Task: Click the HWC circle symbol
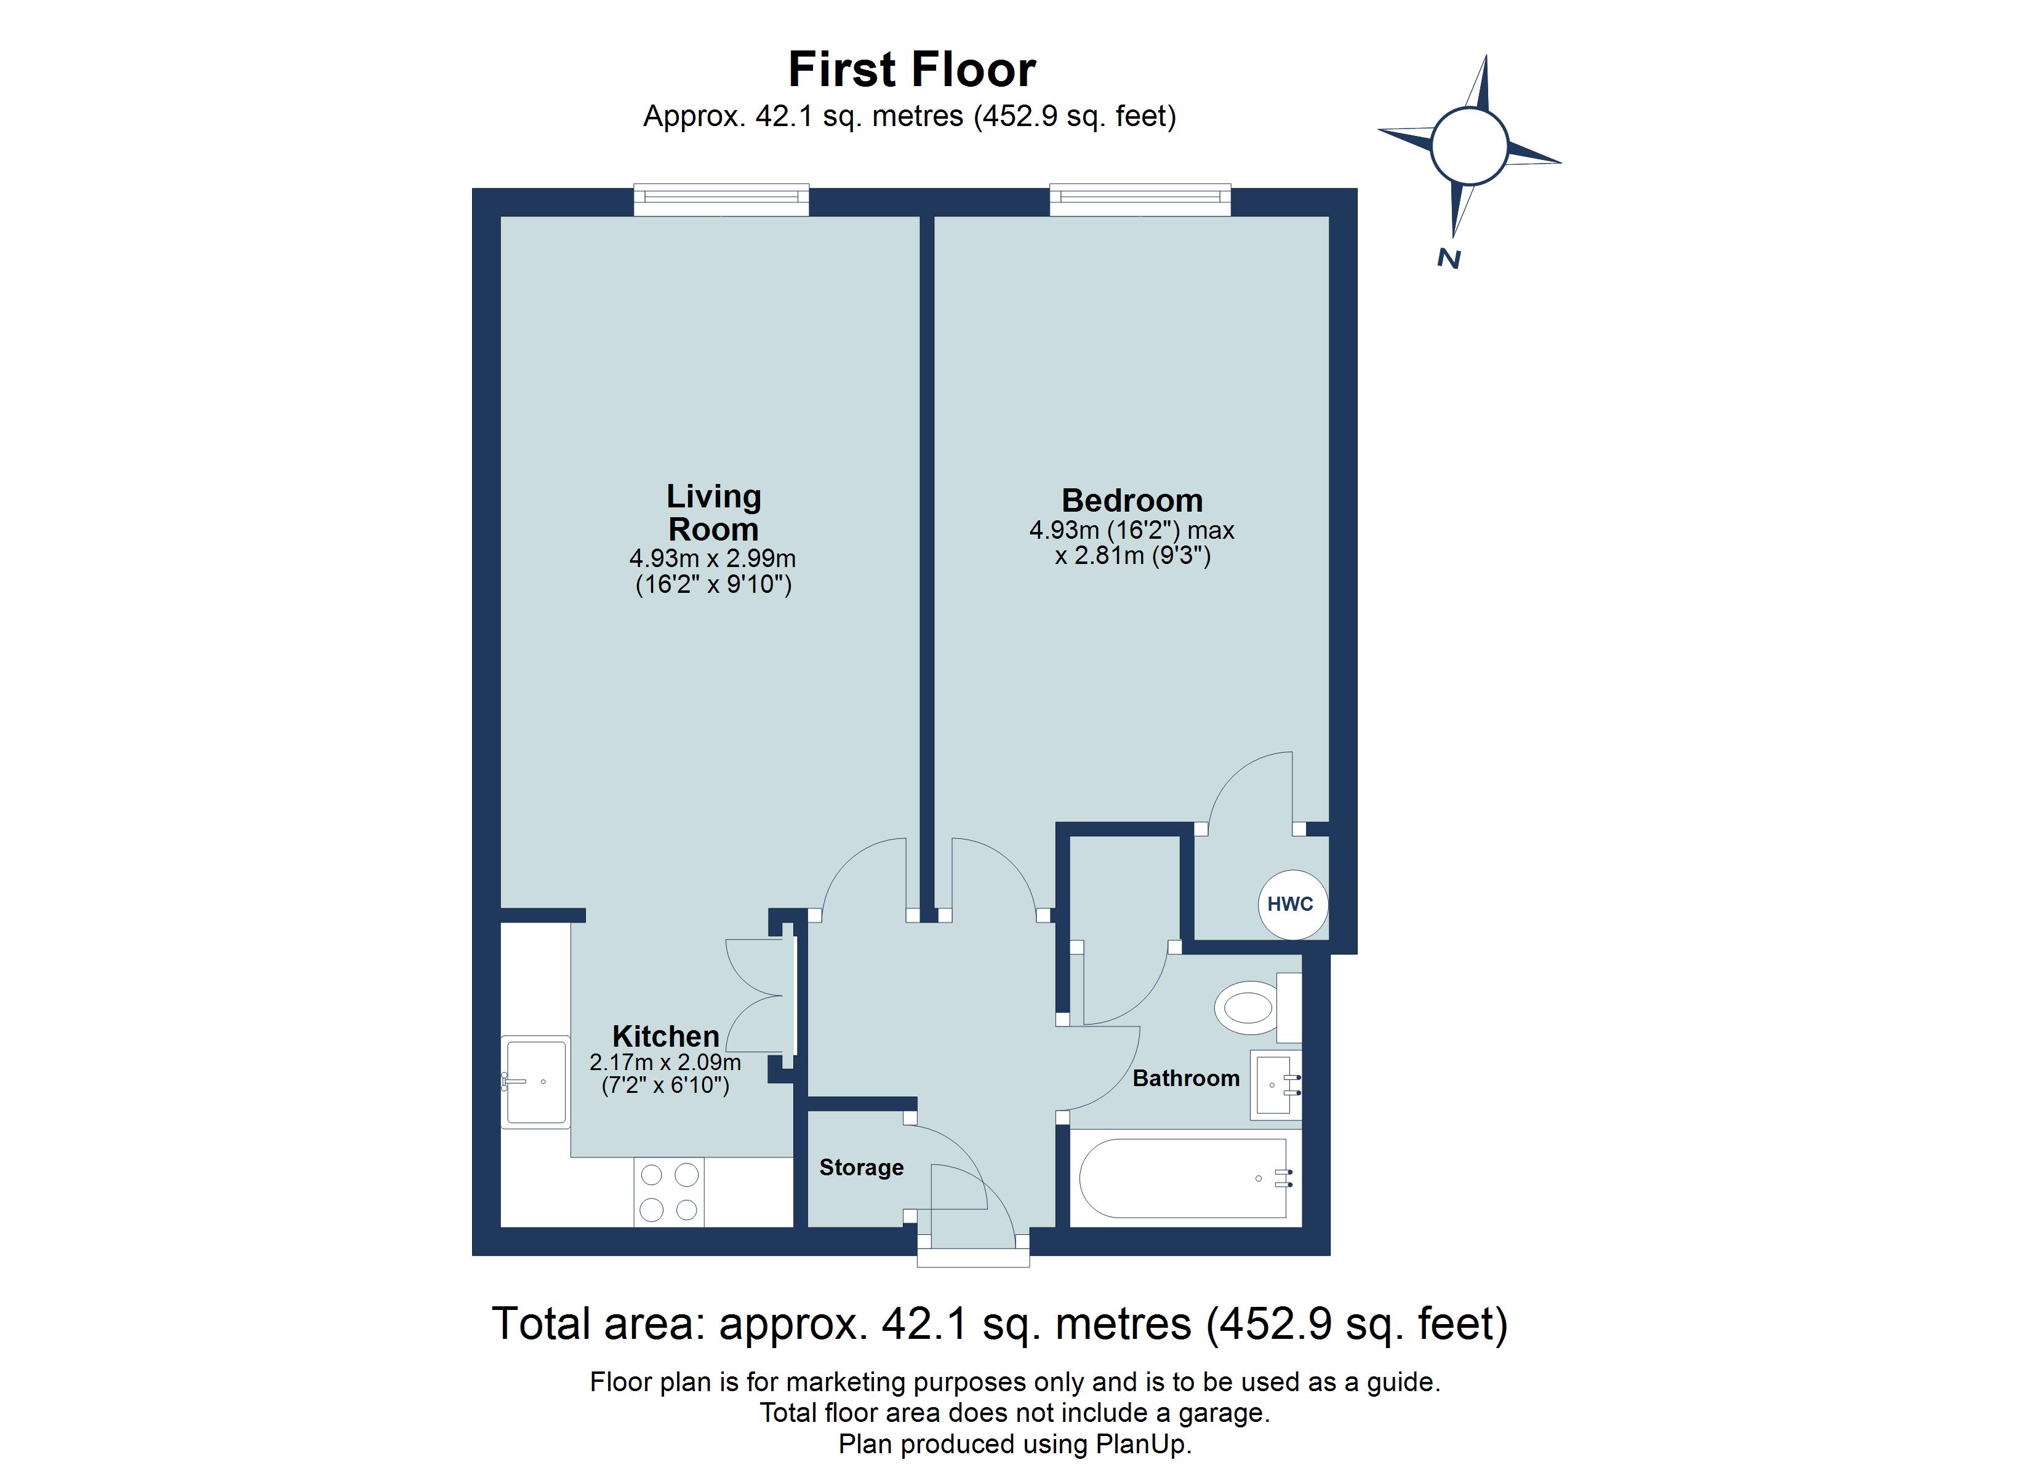click(1291, 904)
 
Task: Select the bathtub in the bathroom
click(1184, 1178)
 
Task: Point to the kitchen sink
click(535, 1081)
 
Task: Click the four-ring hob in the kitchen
click(669, 1191)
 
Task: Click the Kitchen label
click(665, 1036)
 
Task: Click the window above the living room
click(721, 200)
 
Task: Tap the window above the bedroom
click(1140, 200)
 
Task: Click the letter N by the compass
click(1449, 259)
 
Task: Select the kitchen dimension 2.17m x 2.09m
click(665, 1063)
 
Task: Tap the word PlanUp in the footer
click(1142, 1444)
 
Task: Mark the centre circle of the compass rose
click(1468, 146)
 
